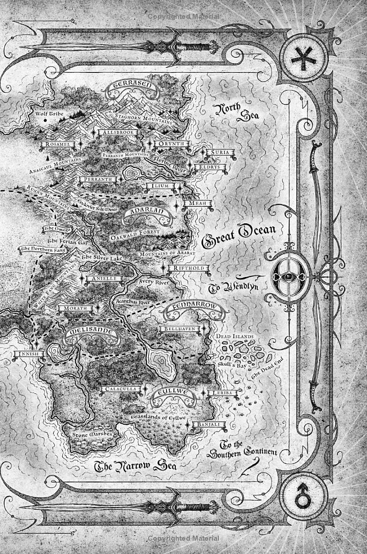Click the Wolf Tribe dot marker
(x=45, y=121)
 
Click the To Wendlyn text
(x=234, y=288)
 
